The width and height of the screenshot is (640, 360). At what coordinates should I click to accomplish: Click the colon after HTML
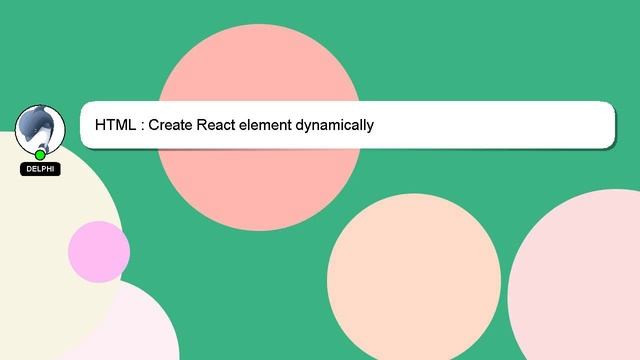pyautogui.click(x=142, y=126)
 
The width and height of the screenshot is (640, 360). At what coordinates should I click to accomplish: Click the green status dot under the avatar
pyautogui.click(x=40, y=155)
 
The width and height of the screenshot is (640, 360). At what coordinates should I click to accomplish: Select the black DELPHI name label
pyautogui.click(x=40, y=169)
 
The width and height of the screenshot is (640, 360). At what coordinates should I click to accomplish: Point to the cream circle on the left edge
pyautogui.click(x=40, y=230)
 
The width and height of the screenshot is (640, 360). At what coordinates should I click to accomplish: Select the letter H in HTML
pyautogui.click(x=101, y=125)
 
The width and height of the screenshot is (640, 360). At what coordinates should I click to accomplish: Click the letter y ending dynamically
pyautogui.click(x=369, y=127)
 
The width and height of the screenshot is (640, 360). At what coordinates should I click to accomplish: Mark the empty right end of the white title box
pyautogui.click(x=560, y=125)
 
